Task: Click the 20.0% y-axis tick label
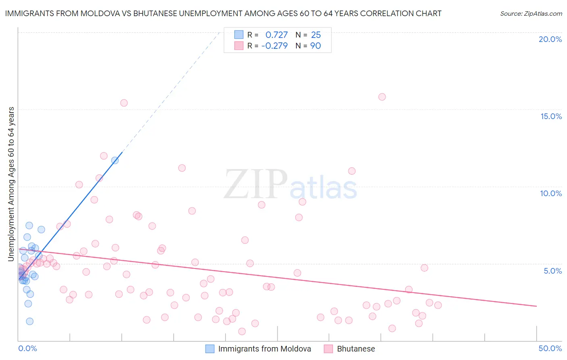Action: [550, 39]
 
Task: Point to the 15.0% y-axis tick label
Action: [551, 116]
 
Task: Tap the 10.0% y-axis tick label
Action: [551, 193]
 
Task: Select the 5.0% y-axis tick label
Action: [552, 271]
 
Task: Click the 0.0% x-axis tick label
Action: [27, 348]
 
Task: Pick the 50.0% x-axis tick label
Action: [550, 348]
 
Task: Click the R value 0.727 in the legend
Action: [276, 35]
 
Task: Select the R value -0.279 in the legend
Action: [274, 46]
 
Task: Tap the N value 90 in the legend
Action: [315, 46]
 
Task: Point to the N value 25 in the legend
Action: [316, 35]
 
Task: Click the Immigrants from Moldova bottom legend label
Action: [265, 349]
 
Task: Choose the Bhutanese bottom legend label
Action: [356, 349]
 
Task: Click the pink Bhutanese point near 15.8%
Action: [382, 97]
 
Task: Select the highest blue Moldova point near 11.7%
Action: [115, 160]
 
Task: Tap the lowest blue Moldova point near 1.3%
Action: [29, 321]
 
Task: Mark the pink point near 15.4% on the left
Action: [124, 103]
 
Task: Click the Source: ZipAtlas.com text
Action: [531, 14]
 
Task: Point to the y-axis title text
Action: [11, 184]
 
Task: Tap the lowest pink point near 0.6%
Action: [242, 331]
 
